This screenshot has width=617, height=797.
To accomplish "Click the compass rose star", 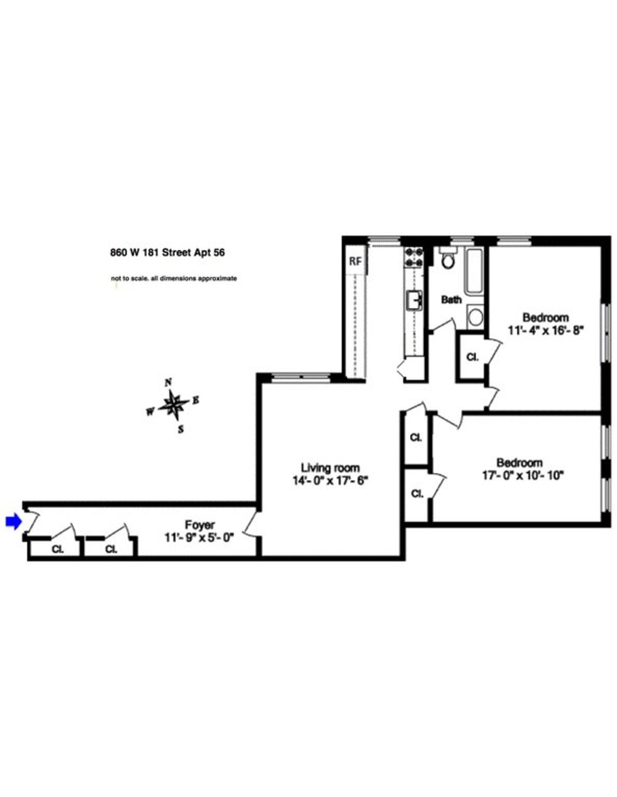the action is [x=172, y=404].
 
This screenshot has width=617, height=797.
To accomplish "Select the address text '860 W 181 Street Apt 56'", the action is [x=168, y=253].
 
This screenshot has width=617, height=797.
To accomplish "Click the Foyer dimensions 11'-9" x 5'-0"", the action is [x=199, y=537].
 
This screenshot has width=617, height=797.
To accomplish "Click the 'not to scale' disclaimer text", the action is [x=174, y=279].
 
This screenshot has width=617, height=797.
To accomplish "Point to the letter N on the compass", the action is [x=168, y=383].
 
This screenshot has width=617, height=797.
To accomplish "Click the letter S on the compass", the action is [x=180, y=429].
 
